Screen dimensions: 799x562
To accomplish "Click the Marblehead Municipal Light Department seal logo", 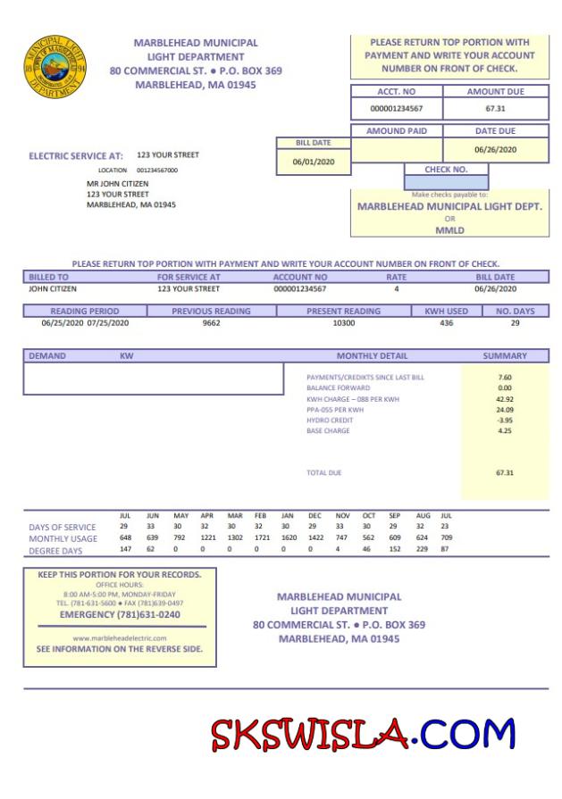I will tap(55, 67).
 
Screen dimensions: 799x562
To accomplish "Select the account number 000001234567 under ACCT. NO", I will tap(396, 109).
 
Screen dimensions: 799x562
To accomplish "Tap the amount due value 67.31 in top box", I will tap(496, 109).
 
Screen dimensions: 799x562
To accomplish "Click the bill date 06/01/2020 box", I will tap(313, 162).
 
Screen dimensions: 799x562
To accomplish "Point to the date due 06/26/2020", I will tap(496, 149).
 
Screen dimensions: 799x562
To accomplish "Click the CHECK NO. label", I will tap(446, 169).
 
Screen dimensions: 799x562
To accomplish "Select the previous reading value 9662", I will tap(211, 322).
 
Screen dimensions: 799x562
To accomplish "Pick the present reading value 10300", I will tap(343, 322).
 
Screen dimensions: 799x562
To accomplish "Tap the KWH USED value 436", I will tap(446, 322).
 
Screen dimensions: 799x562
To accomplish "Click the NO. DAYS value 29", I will tap(515, 322).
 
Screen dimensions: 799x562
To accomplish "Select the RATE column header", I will tap(396, 278).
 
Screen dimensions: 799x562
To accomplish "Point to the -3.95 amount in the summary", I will tap(505, 420).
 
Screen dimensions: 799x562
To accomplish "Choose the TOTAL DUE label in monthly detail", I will tap(323, 472).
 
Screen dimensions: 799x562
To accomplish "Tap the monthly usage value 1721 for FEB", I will tap(260, 538).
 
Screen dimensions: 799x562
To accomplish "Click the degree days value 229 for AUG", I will tap(422, 549).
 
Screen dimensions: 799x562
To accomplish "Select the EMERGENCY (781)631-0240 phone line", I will tap(120, 614).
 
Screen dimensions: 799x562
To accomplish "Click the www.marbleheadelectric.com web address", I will tap(120, 637).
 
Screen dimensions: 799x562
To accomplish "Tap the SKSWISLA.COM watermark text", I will tap(363, 734).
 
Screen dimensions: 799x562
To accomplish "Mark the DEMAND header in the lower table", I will tap(47, 355).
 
